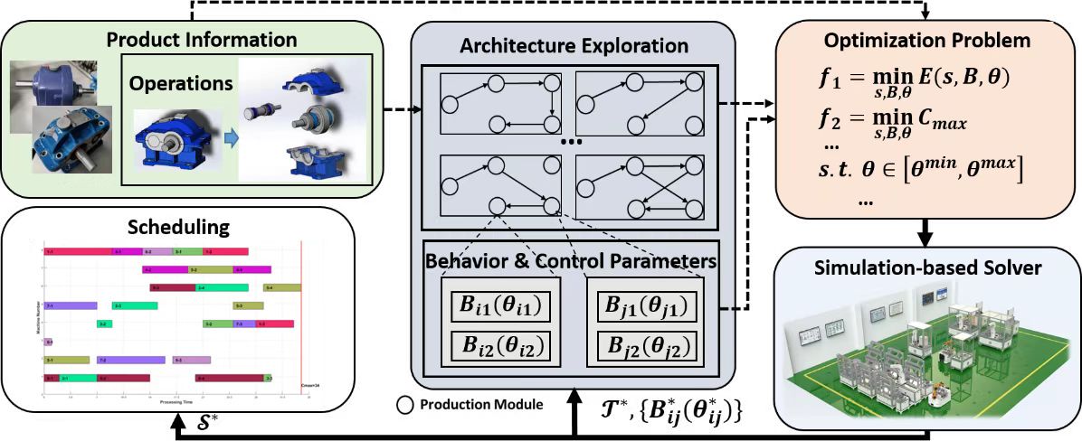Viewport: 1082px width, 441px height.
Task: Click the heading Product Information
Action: pyautogui.click(x=202, y=40)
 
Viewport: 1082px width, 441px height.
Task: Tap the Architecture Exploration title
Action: pyautogui.click(x=573, y=45)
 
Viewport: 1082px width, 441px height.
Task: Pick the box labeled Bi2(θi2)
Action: pyautogui.click(x=503, y=344)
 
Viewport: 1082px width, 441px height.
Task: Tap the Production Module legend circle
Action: pyautogui.click(x=404, y=405)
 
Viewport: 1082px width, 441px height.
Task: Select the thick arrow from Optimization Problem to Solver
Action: pyautogui.click(x=925, y=232)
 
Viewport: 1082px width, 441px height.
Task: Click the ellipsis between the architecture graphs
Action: pyautogui.click(x=573, y=143)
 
